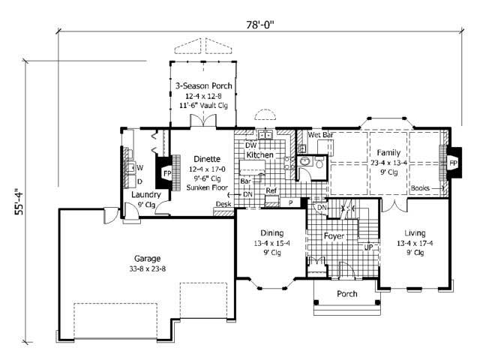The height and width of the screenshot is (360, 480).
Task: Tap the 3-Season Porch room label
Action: [203, 86]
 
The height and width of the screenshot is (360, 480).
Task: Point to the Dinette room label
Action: [207, 158]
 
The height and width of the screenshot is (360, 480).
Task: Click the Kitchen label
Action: [260, 154]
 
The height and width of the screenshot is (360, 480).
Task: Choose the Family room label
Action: [389, 151]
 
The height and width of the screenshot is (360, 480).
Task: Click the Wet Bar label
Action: [321, 135]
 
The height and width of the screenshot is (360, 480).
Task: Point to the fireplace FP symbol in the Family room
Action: [452, 161]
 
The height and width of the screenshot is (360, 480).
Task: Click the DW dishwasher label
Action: [250, 145]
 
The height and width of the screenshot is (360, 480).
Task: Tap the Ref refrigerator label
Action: [271, 191]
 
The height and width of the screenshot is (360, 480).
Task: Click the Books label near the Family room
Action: [420, 188]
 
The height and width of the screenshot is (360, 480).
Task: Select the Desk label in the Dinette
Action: [223, 204]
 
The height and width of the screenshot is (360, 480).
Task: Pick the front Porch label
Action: [346, 293]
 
